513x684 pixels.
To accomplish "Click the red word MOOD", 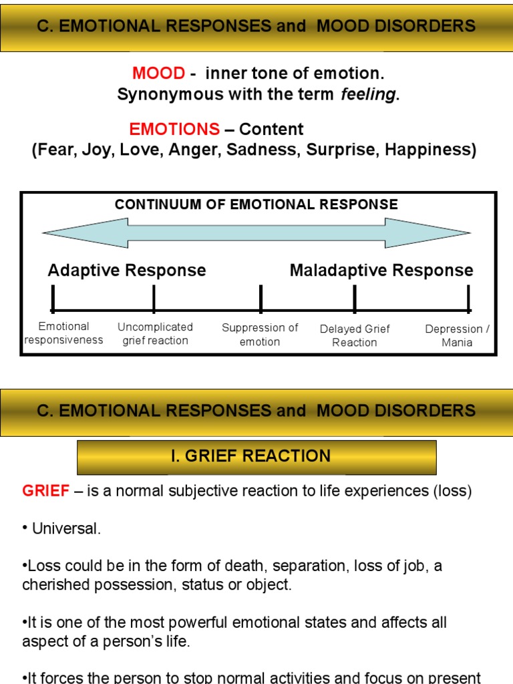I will [158, 73].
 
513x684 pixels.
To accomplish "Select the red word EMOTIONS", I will [174, 129].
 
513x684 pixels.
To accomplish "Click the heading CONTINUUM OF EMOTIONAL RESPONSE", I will [256, 204].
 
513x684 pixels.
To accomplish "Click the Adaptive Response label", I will [127, 271].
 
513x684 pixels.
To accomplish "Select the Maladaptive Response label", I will [381, 271].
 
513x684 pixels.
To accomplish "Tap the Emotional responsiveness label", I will [63, 333].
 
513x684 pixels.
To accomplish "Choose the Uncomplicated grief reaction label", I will [155, 333].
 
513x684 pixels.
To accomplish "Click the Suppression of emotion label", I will [260, 335].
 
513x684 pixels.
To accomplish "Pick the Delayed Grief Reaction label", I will [355, 335].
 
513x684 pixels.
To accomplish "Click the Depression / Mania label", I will [457, 335].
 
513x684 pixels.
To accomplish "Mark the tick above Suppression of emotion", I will [261, 298].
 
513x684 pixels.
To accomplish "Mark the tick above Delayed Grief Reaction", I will [355, 298].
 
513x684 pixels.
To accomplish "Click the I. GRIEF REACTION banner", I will [257, 457].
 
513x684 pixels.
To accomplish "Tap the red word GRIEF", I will [46, 492].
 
